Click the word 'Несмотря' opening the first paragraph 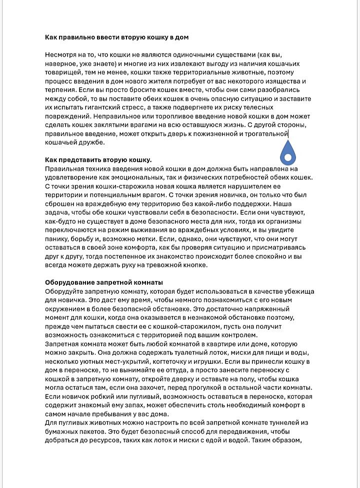tap(61, 55)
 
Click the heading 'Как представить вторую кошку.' tap(98, 160)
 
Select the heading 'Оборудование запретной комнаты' tap(103, 282)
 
